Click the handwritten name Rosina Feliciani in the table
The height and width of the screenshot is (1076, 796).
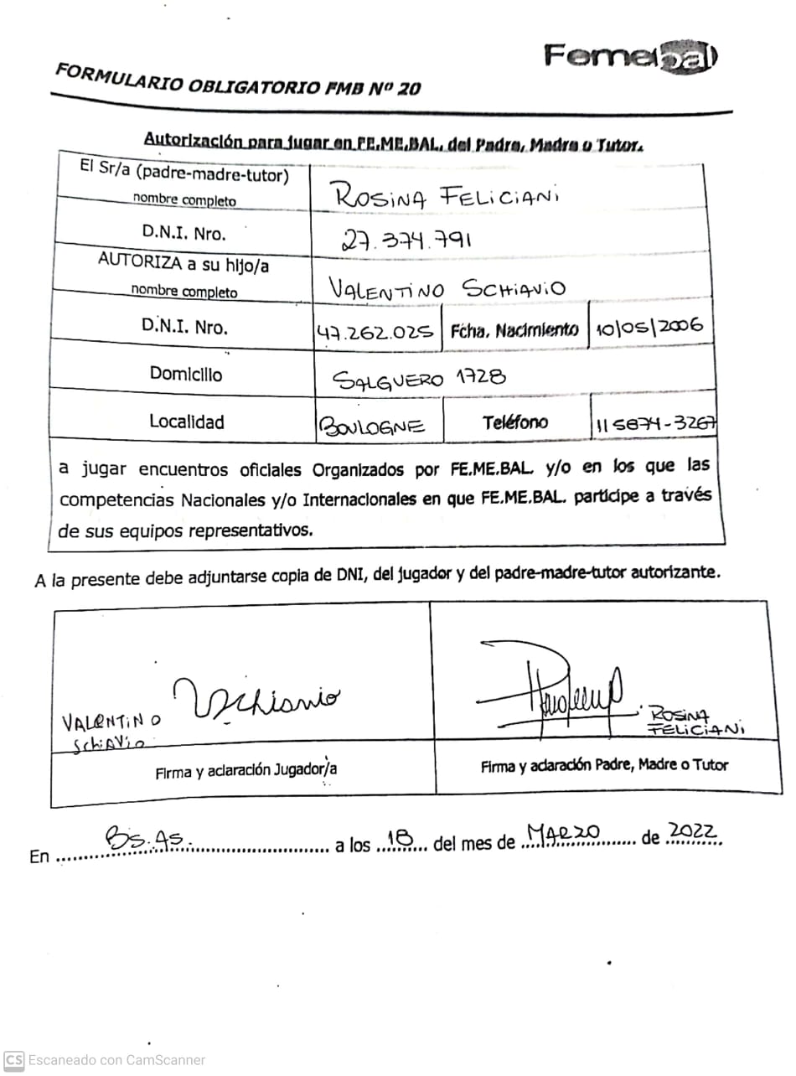pos(446,197)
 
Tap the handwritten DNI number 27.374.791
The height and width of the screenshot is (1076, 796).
pos(406,241)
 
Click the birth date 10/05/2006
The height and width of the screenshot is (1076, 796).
pos(649,328)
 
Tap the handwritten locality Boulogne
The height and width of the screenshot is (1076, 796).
pos(372,427)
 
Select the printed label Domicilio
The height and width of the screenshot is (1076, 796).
pos(186,374)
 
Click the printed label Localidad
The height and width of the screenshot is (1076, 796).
pos(186,422)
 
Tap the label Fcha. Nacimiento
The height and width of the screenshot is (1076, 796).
pos(514,330)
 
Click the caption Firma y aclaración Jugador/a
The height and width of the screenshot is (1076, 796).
pos(246,770)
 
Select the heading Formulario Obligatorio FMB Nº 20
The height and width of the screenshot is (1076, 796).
pos(237,80)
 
